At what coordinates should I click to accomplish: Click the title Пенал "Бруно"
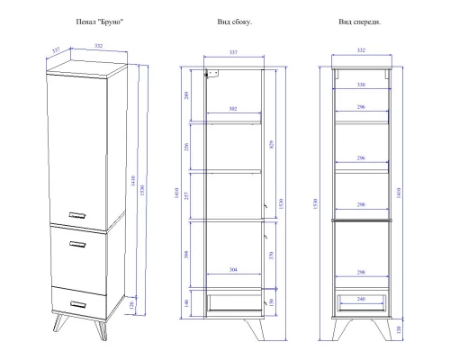[x=100, y=22]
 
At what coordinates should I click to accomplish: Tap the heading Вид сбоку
[x=235, y=22]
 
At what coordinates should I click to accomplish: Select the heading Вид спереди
[x=360, y=22]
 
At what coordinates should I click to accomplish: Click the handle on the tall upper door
[x=77, y=215]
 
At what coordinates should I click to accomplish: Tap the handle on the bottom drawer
[x=78, y=304]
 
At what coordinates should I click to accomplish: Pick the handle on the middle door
[x=77, y=244]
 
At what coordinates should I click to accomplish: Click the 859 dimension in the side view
[x=272, y=145]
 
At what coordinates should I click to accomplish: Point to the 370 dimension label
[x=271, y=256]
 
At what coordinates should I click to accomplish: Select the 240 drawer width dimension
[x=361, y=299]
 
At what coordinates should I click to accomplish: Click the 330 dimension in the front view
[x=361, y=85]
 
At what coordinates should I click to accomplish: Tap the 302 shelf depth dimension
[x=233, y=109]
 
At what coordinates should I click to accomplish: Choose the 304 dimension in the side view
[x=233, y=270]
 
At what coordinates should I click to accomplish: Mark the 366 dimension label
[x=186, y=255]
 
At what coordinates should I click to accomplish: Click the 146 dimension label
[x=186, y=303]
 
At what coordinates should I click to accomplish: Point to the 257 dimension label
[x=186, y=196]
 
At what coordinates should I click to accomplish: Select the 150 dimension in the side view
[x=271, y=301]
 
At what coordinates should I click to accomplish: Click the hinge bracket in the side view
[x=212, y=74]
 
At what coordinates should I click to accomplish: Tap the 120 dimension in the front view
[x=399, y=329]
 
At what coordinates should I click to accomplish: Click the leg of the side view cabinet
[x=256, y=329]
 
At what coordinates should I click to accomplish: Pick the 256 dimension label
[x=186, y=147]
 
